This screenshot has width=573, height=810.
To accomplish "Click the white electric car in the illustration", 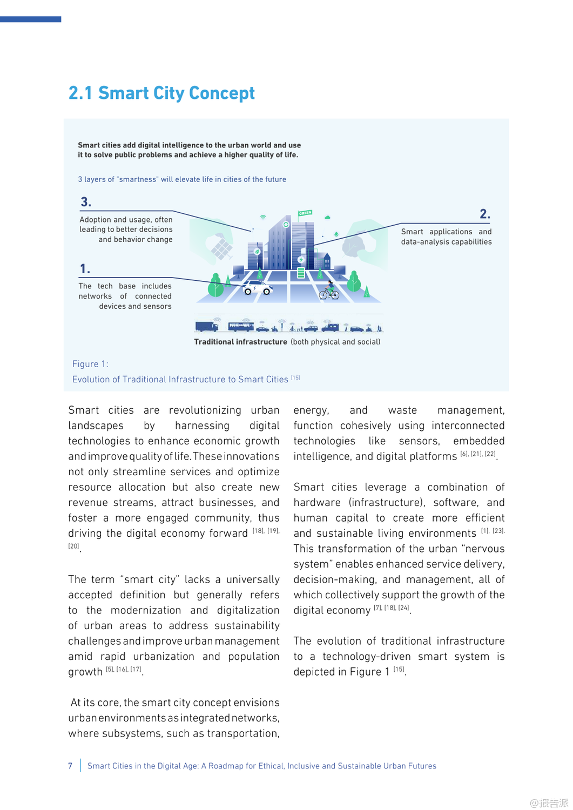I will [258, 288].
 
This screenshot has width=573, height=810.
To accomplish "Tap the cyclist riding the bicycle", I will [329, 291].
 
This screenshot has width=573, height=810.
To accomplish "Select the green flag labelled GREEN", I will [305, 213].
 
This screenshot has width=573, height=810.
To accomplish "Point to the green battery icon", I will [301, 273].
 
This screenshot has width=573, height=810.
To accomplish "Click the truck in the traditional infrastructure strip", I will [206, 326].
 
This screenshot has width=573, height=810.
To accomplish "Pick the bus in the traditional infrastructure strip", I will [241, 326].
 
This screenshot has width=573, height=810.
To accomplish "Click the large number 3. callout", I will [86, 202].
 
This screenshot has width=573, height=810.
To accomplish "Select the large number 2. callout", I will [485, 214].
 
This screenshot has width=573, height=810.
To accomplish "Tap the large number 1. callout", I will [85, 269].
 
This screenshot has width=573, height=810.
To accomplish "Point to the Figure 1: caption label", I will [90, 364].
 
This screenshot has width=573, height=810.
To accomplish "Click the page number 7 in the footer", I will [70, 766].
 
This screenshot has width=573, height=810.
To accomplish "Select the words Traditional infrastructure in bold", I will [240, 342].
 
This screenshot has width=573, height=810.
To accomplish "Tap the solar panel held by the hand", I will [221, 248].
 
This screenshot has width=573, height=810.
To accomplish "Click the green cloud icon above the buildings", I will [327, 217].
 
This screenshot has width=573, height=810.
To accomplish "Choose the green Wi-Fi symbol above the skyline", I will [263, 217].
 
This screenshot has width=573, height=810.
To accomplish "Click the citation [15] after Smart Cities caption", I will [295, 377].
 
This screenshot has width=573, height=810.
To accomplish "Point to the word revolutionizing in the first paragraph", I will [205, 410].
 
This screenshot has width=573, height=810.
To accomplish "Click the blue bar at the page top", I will [30, 19].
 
